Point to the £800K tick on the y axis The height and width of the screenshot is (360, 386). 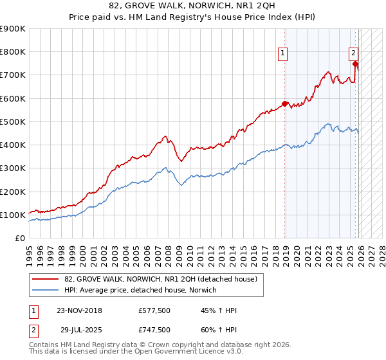coord(13,52)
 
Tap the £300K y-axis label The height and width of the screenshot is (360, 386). coord(13,168)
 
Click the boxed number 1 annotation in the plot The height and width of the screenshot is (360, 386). coord(283,54)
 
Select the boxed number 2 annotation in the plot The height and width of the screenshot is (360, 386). coord(354,54)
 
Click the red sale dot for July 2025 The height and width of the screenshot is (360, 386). coord(355,64)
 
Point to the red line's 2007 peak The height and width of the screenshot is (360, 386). coord(165,136)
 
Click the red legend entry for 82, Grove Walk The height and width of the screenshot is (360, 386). coord(160,279)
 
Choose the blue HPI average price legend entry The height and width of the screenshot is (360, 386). coord(140,290)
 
